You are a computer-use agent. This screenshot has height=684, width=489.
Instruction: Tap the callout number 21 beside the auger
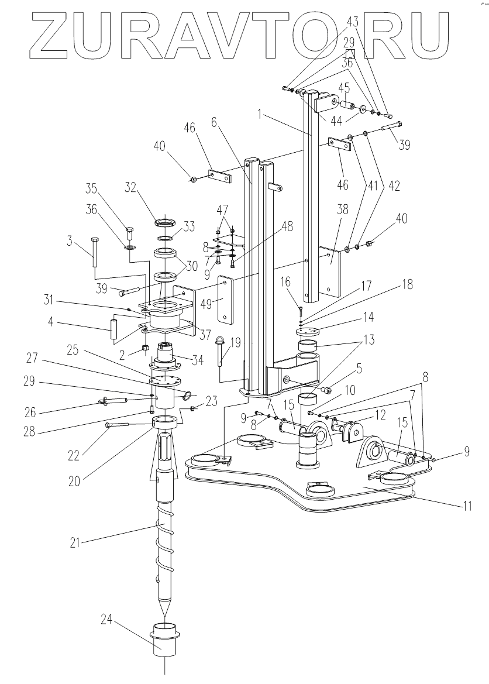click(x=75, y=542)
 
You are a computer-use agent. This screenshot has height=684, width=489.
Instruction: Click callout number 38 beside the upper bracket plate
click(x=343, y=209)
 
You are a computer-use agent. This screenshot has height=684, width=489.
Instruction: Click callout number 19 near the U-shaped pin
click(x=235, y=343)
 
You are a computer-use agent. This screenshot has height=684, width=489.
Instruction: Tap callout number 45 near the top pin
click(x=345, y=87)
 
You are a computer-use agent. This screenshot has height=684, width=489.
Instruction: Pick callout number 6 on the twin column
click(x=213, y=122)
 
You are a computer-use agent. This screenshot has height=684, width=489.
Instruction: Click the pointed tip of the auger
click(x=165, y=616)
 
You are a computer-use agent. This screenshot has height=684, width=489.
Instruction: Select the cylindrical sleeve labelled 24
click(x=164, y=638)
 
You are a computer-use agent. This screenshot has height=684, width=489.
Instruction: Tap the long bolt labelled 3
click(x=94, y=253)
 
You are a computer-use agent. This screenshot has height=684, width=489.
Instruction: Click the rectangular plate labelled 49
click(x=225, y=299)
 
